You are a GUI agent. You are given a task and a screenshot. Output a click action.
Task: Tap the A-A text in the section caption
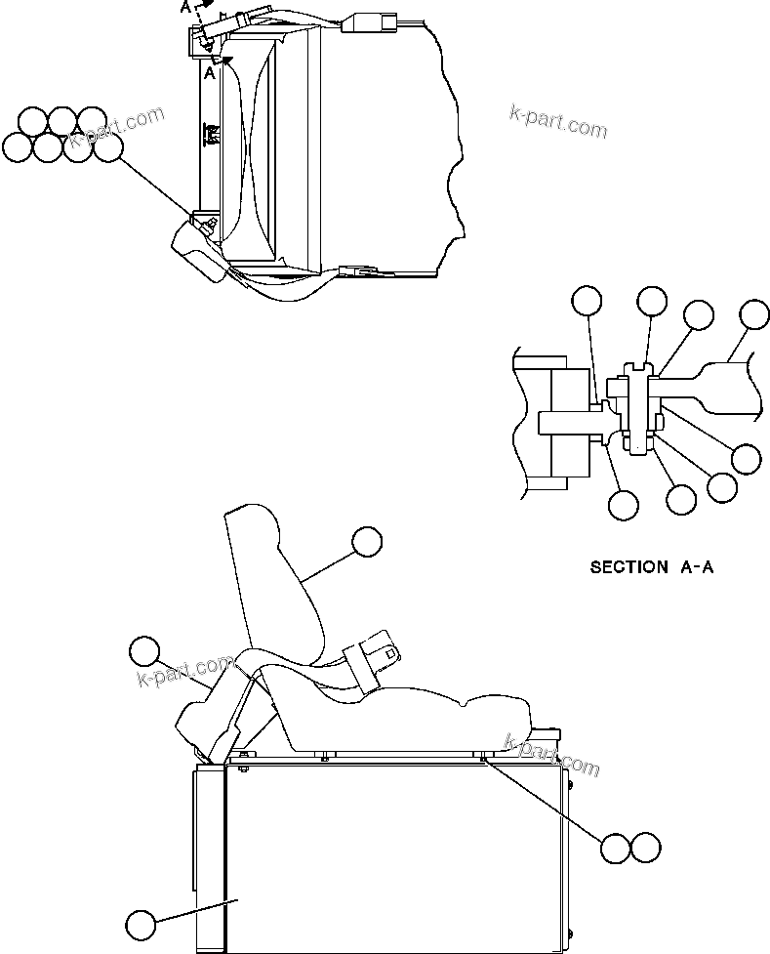click(697, 566)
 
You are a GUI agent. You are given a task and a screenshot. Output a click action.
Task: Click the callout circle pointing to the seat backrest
click(367, 542)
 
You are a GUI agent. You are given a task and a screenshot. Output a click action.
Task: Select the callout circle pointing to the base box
click(141, 924)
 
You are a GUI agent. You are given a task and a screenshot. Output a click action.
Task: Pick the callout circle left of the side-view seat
click(144, 651)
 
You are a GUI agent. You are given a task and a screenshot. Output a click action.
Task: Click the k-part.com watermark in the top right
click(558, 120)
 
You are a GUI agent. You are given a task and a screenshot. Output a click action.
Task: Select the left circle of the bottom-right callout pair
click(616, 849)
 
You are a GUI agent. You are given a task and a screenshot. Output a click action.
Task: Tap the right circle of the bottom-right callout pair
click(646, 849)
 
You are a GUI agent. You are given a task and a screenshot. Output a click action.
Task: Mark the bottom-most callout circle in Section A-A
click(623, 505)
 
